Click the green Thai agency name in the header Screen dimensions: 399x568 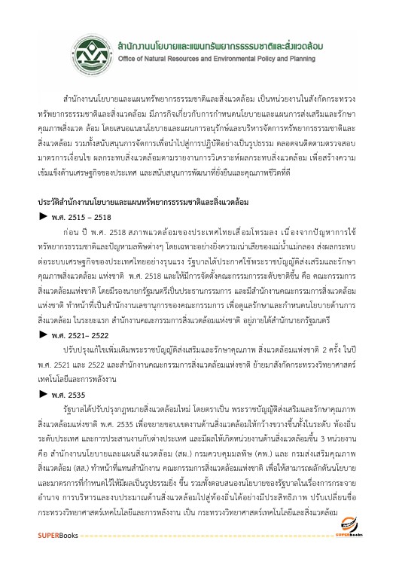pos(233,45)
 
